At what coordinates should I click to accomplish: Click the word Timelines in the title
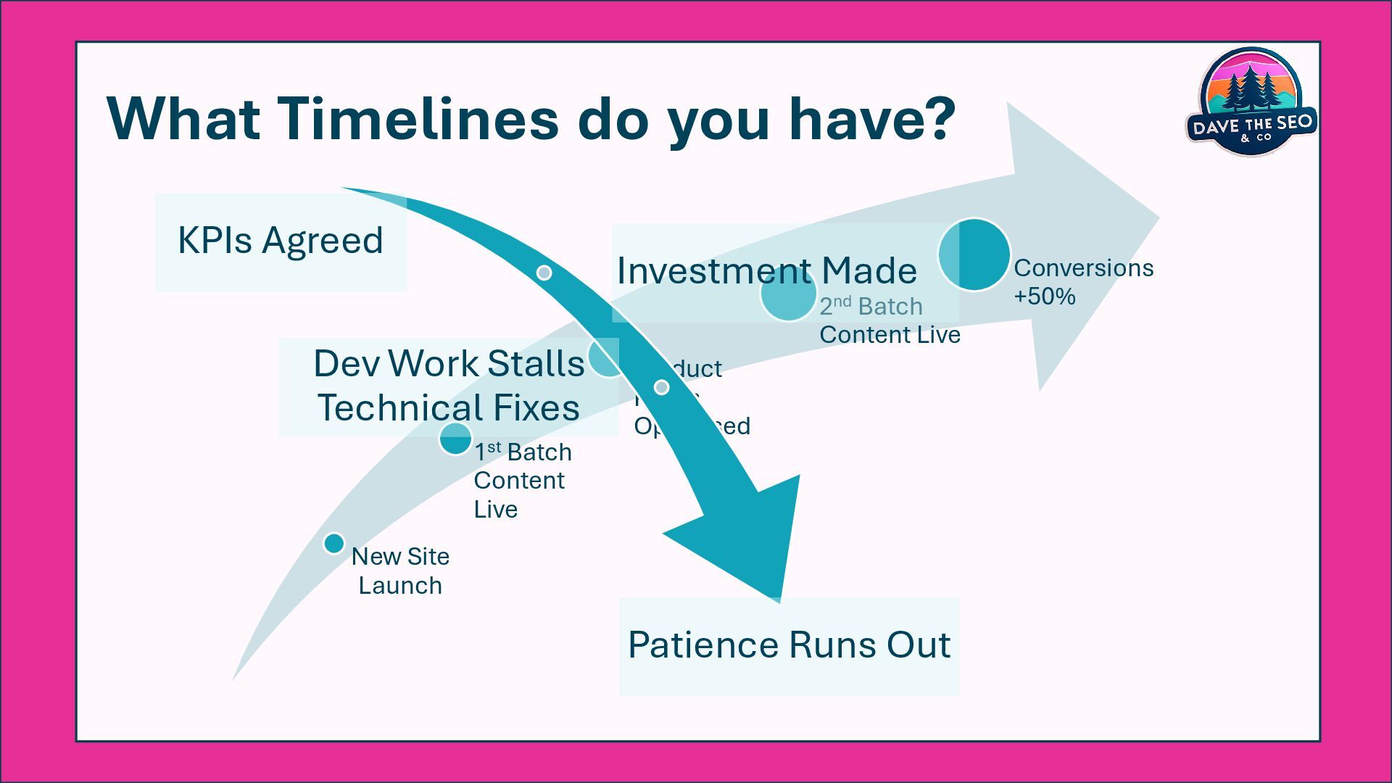(x=418, y=118)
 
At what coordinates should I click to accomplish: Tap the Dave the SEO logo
(x=1251, y=101)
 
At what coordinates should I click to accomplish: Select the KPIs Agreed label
(x=281, y=241)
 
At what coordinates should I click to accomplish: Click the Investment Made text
(x=766, y=271)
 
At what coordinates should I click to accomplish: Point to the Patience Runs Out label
(x=789, y=645)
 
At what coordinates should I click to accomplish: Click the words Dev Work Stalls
(x=449, y=363)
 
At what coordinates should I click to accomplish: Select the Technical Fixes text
(x=449, y=408)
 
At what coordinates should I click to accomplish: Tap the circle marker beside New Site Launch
(x=333, y=543)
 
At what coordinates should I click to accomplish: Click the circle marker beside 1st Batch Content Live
(x=455, y=439)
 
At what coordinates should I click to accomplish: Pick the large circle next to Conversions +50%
(x=974, y=254)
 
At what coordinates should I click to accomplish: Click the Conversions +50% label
(x=1083, y=282)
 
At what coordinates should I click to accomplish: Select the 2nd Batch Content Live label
(x=890, y=320)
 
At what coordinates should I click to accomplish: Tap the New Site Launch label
(x=400, y=571)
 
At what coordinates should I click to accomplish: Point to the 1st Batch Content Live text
(x=522, y=481)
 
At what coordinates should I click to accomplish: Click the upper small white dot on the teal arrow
(x=544, y=273)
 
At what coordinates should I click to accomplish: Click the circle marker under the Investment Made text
(x=788, y=294)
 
